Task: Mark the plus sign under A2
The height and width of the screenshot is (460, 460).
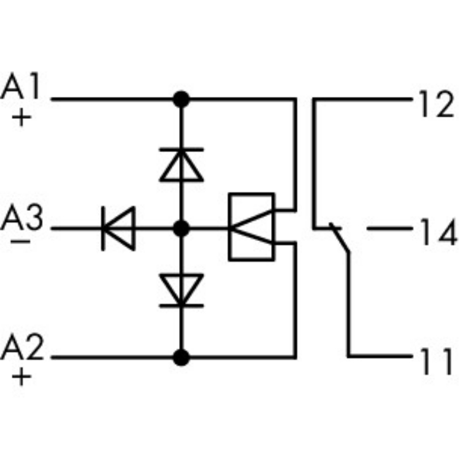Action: (x=22, y=376)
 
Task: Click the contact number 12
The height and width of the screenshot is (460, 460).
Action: (x=436, y=104)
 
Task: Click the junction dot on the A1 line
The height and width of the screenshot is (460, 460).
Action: (x=181, y=98)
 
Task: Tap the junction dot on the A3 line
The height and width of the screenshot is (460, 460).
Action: (x=181, y=229)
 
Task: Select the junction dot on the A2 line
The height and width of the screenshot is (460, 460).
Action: (x=181, y=356)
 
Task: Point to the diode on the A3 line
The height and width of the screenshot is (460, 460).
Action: (x=118, y=229)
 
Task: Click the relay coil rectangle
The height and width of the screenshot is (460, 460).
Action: (x=251, y=228)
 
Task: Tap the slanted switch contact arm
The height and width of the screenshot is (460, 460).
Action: (x=340, y=239)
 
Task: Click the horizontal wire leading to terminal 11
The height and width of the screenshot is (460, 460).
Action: (x=380, y=356)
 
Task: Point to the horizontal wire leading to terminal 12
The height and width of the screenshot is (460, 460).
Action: (x=362, y=98)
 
